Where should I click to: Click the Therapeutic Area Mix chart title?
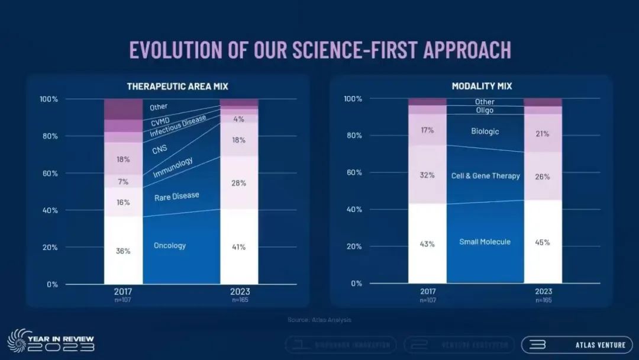[x=177, y=86]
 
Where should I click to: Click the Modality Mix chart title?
[x=482, y=86]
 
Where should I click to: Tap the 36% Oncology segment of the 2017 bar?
[x=123, y=250]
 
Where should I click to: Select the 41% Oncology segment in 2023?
[x=239, y=247]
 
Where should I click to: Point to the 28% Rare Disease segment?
[x=239, y=182]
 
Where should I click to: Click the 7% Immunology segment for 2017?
[x=123, y=181]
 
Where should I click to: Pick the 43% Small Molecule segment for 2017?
[x=427, y=243]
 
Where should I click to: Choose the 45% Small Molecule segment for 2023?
[x=543, y=242]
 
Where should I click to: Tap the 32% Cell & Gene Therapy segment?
[x=427, y=175]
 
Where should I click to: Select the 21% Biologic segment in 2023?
[x=543, y=133]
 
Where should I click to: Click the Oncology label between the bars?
[x=170, y=246]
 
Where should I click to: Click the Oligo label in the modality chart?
[x=485, y=110]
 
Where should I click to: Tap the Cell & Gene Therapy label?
[x=486, y=176]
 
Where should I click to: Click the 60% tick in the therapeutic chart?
[x=49, y=173]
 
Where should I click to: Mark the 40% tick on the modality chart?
[x=353, y=210]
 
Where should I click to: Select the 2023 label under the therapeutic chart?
[x=239, y=291]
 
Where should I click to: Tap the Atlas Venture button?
[x=568, y=345]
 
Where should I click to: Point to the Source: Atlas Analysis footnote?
[x=319, y=320]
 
